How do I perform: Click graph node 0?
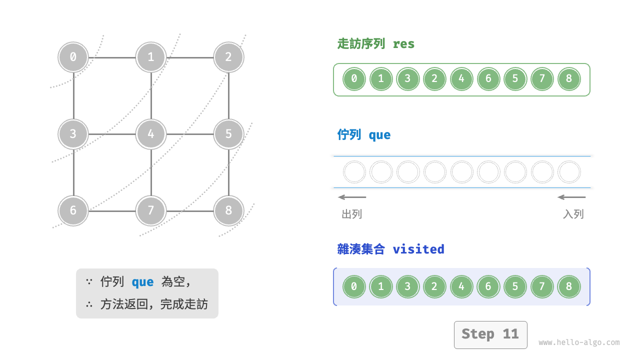73,57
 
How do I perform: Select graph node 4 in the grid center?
150,134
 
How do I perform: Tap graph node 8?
228,210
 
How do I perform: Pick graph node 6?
73,210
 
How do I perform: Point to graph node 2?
228,57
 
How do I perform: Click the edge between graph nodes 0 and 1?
112,57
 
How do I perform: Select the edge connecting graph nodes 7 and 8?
189,211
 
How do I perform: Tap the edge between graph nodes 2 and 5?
228,95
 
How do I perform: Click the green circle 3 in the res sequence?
407,79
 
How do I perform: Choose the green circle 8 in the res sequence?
568,79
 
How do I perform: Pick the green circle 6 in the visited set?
488,286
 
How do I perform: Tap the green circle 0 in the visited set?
354,286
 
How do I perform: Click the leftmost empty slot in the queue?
354,172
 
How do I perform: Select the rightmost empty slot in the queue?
568,172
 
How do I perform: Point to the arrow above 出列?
352,197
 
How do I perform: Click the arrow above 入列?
571,197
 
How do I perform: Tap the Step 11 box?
490,334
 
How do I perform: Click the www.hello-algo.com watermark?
578,343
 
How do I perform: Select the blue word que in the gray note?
142,282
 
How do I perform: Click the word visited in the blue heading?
418,249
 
